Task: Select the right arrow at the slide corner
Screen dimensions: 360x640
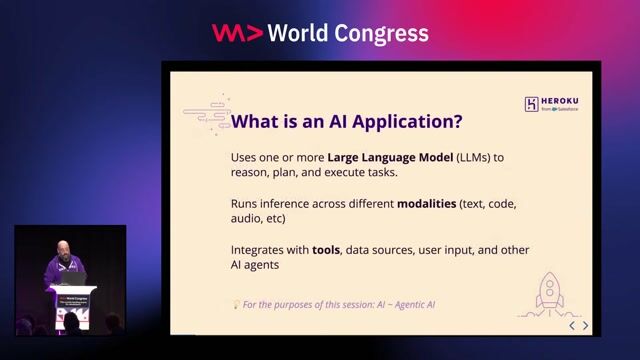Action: pyautogui.click(x=586, y=325)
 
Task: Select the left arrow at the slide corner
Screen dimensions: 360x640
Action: pyautogui.click(x=572, y=325)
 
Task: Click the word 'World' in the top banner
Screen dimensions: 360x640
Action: pyautogui.click(x=303, y=33)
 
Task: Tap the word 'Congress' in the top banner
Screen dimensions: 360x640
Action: pyautogui.click(x=383, y=34)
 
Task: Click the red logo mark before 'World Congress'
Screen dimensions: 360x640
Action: pyautogui.click(x=237, y=33)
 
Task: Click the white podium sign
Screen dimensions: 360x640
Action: pyautogui.click(x=74, y=301)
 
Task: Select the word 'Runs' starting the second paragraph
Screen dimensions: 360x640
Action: pyautogui.click(x=246, y=203)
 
